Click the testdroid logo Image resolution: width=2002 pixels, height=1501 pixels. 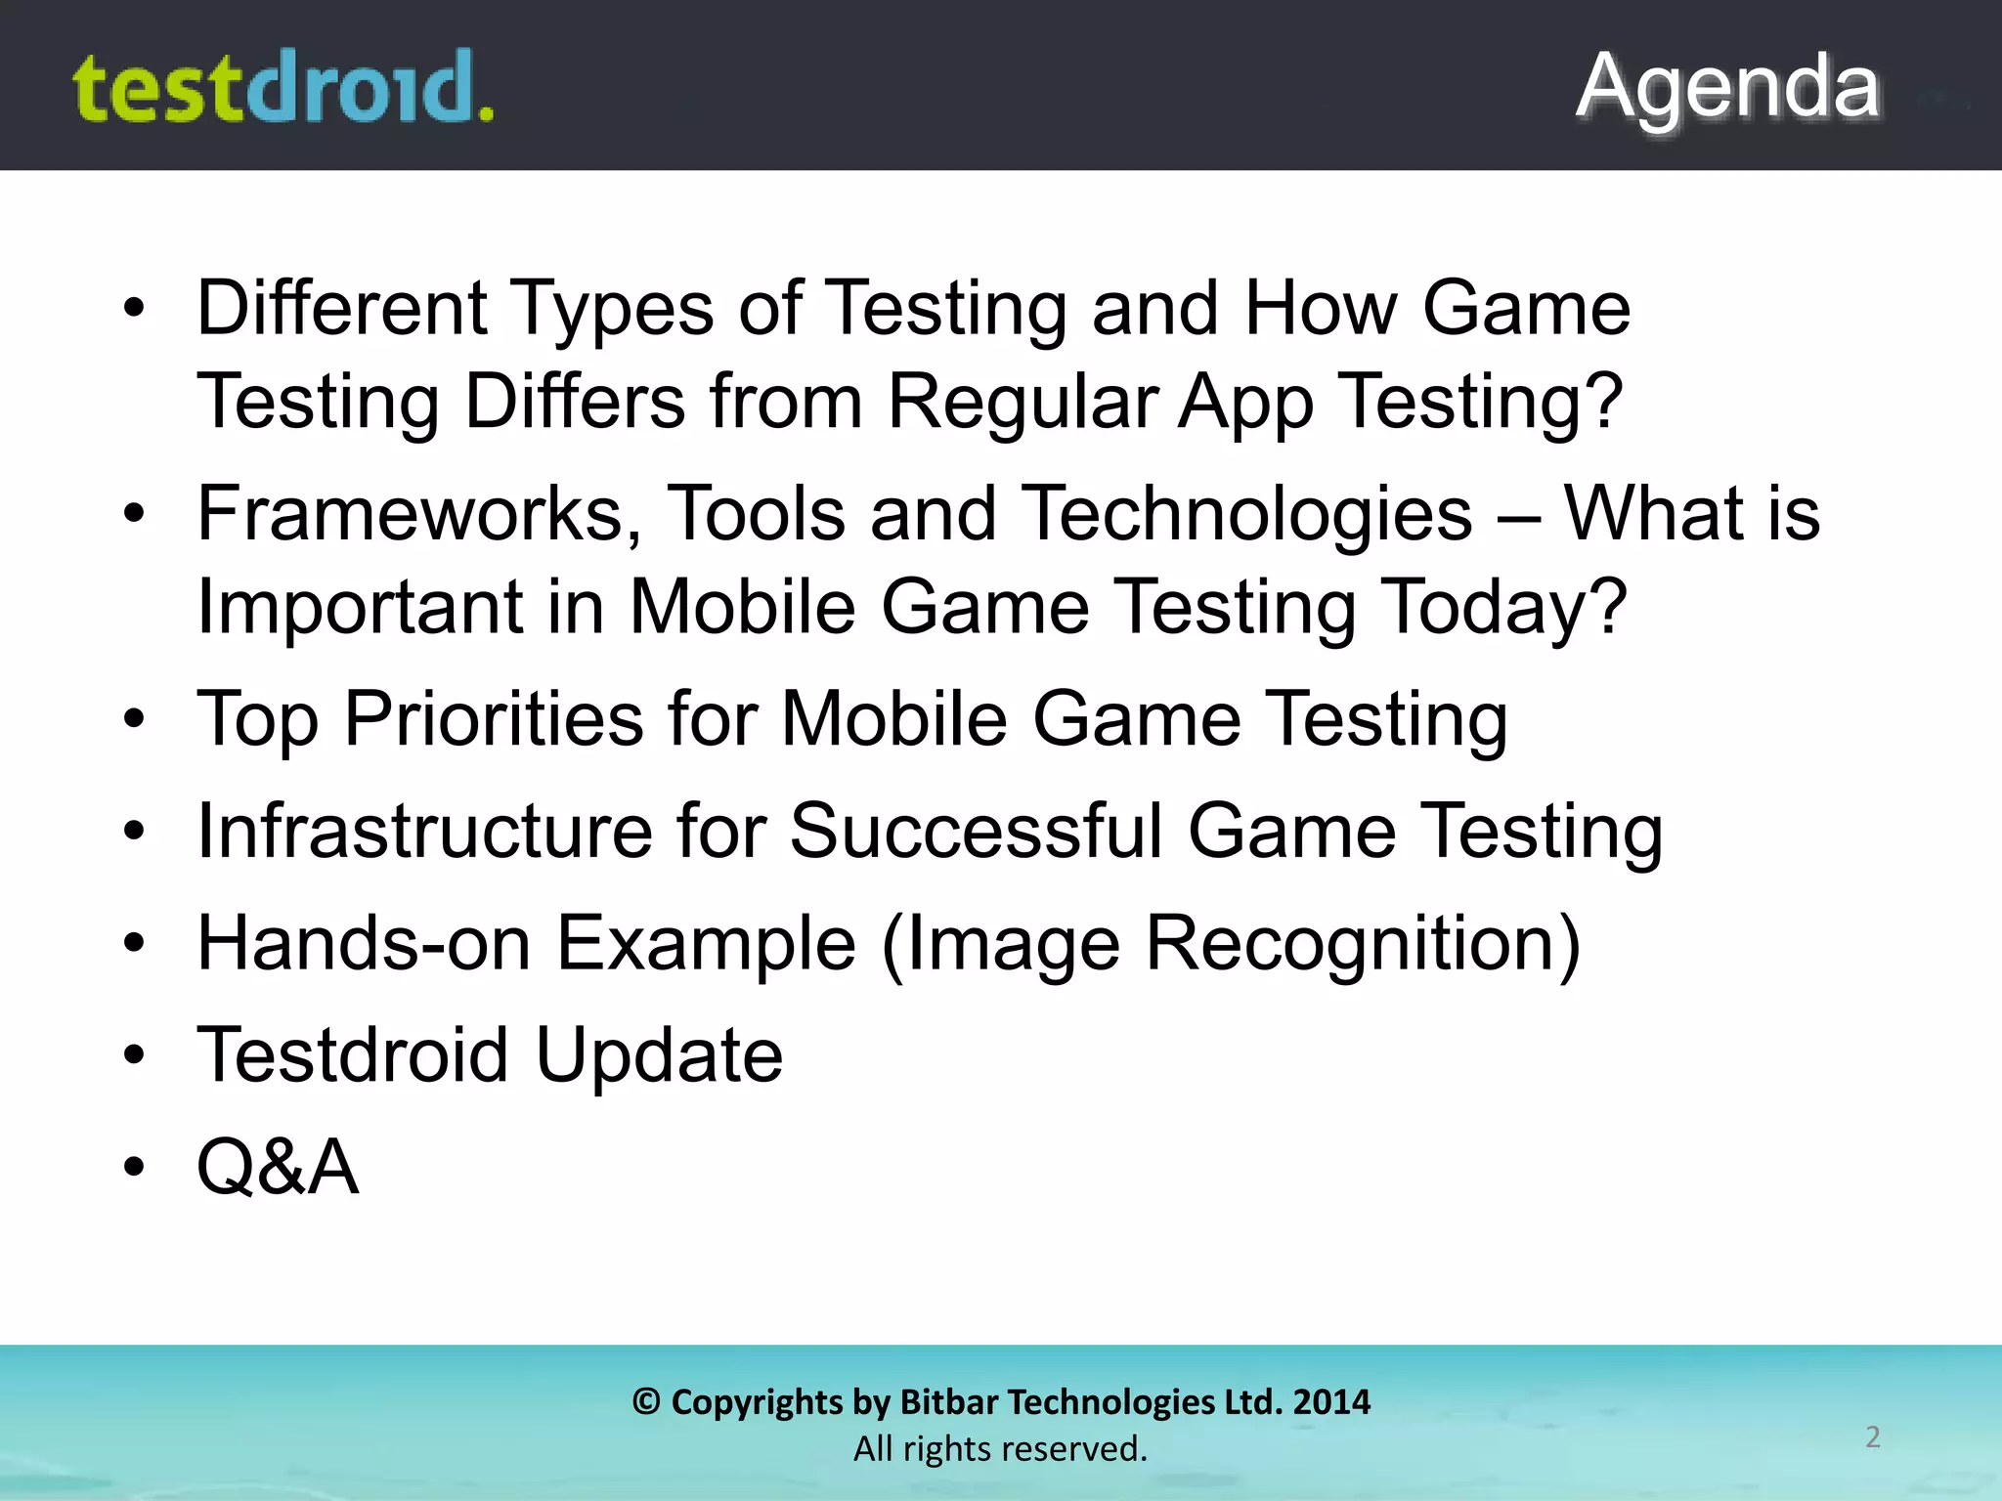283,88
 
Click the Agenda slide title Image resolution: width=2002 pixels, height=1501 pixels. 1727,88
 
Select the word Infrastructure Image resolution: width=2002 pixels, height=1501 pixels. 424,832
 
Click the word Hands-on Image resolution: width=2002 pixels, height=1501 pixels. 364,944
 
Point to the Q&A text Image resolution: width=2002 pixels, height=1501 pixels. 278,1167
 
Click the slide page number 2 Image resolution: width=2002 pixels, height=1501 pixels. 1872,1437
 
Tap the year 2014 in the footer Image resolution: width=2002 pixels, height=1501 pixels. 1331,1402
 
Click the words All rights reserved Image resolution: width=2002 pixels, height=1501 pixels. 1000,1449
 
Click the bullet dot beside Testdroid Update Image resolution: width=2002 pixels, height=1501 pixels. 134,1055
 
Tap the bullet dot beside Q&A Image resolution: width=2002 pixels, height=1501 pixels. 134,1167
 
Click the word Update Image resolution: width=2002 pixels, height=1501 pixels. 659,1055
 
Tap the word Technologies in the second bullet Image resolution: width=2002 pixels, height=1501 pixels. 1248,514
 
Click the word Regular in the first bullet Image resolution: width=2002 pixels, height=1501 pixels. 1022,402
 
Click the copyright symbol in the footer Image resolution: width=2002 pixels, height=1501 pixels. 645,1402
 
